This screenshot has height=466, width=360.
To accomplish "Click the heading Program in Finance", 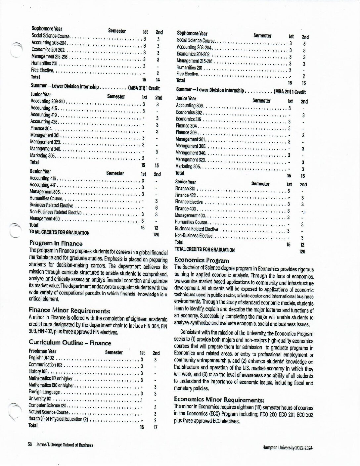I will tap(56, 243).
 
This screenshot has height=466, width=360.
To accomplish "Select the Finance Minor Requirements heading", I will tap(69, 310).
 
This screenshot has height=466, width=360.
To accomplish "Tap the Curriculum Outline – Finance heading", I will tap(70, 343).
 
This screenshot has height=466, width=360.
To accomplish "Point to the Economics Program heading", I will tap(202, 260).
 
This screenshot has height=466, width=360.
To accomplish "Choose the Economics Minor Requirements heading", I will tap(219, 400).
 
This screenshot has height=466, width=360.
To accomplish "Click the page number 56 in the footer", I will tap(30, 445).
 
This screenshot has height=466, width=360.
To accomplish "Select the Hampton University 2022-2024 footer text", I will tap(287, 447).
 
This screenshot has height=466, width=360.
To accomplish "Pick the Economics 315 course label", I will tap(188, 119).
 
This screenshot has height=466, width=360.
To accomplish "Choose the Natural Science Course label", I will tap(48, 412).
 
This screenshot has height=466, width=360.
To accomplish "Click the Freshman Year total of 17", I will tap(155, 427).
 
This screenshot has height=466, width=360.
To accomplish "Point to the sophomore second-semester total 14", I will tap(158, 80).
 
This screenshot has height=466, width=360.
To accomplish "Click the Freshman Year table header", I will tap(42, 351).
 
